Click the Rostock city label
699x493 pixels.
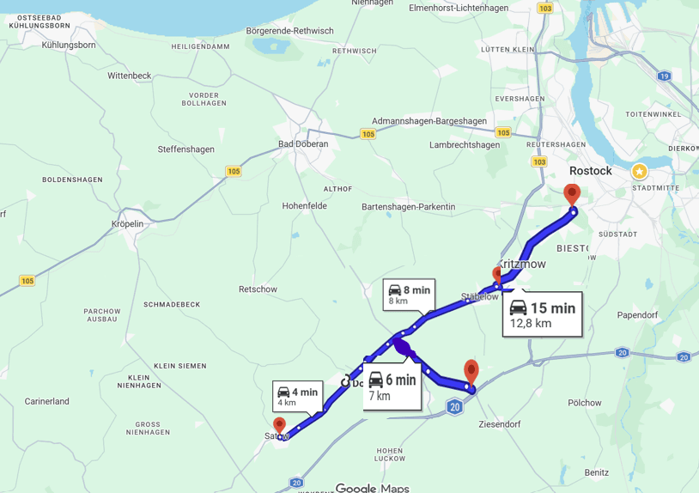pyautogui.click(x=590, y=171)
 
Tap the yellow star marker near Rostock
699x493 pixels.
pyautogui.click(x=640, y=171)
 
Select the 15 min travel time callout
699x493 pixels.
pyautogui.click(x=542, y=314)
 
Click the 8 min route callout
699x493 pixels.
pyautogui.click(x=408, y=295)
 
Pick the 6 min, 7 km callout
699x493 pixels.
pyautogui.click(x=392, y=386)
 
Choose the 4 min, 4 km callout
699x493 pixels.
pyautogui.click(x=297, y=396)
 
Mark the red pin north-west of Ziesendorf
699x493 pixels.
pyautogui.click(x=471, y=371)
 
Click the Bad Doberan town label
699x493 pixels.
pyautogui.click(x=303, y=144)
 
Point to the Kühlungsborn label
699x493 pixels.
pyautogui.click(x=69, y=45)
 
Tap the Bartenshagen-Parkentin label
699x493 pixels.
pyautogui.click(x=408, y=207)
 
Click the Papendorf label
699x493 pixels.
pyautogui.click(x=636, y=315)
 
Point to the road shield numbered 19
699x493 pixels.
pyautogui.click(x=664, y=76)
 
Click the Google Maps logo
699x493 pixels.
pyautogui.click(x=372, y=488)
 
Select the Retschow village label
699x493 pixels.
pyautogui.click(x=258, y=289)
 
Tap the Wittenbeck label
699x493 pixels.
pyautogui.click(x=130, y=76)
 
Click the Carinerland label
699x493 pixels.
pyautogui.click(x=47, y=401)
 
